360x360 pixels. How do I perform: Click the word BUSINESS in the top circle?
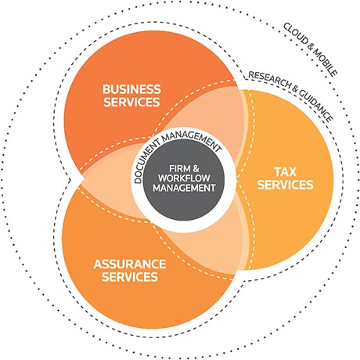pos(131,89)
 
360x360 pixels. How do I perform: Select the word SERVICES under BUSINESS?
pos(131,102)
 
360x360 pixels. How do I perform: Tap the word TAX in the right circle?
pos(286,172)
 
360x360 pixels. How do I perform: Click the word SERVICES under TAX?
pos(285,185)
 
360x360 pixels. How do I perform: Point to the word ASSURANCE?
pos(130,265)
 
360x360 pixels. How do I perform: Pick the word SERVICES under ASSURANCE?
pos(130,277)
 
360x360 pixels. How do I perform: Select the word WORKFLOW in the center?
pos(184,178)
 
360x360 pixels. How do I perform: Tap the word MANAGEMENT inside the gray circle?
pos(184,188)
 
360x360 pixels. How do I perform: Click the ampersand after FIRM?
pos(196,168)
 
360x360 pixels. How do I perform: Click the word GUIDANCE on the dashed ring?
pos(316,106)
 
